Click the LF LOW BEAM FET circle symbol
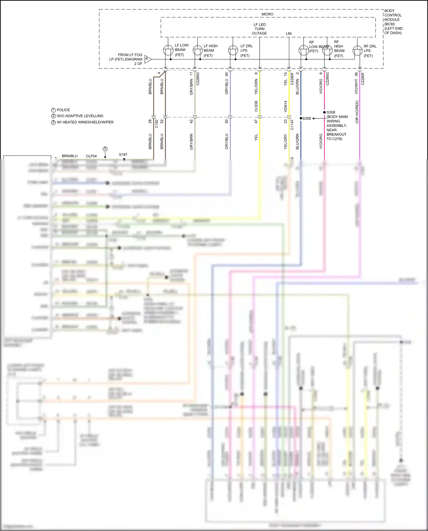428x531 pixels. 168,51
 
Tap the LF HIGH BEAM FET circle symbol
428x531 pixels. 197,51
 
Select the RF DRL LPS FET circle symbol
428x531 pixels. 358,51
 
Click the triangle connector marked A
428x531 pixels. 148,59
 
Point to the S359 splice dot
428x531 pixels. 301,118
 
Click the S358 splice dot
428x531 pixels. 324,112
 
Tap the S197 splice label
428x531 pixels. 123,155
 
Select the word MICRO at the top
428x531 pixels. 267,14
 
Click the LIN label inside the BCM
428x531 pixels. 289,34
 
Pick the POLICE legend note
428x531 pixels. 63,110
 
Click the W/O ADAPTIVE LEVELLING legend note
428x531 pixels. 80,116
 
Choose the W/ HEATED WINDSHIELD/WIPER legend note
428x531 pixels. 85,122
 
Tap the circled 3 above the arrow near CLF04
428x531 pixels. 105,149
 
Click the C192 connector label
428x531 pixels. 156,124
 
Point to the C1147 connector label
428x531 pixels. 292,125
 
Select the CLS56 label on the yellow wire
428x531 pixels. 256,106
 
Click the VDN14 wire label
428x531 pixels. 285,106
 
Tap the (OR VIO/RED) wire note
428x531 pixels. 357,112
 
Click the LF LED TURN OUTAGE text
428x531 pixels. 259,29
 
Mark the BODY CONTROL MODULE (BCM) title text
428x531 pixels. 393,22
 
